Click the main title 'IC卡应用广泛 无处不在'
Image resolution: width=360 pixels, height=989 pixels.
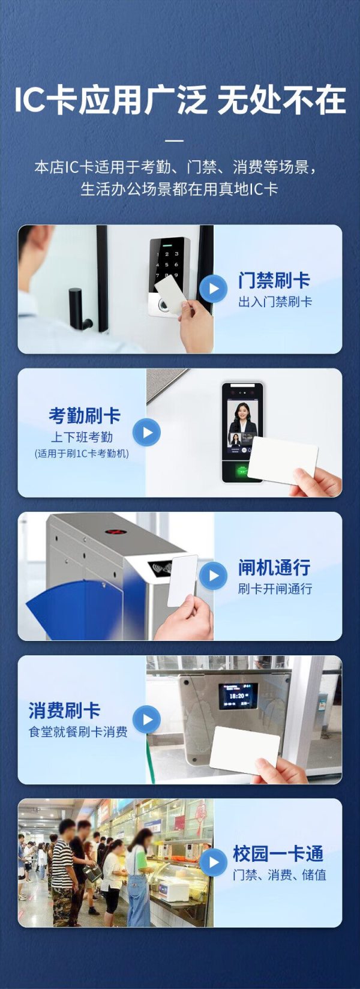[x=180, y=101]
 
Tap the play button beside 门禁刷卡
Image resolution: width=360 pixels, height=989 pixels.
[x=214, y=289]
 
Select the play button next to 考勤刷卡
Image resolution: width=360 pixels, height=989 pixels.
[x=146, y=432]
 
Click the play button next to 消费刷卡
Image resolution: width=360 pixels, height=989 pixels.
[x=146, y=720]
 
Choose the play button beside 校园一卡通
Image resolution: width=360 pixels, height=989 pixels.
[x=214, y=862]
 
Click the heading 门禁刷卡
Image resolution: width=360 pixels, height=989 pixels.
[x=274, y=280]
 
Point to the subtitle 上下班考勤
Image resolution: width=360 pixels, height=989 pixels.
[x=82, y=437]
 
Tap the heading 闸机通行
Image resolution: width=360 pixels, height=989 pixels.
[x=274, y=567]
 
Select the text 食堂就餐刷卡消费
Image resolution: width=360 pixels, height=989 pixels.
[x=78, y=732]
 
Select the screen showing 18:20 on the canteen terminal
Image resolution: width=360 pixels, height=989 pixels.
[x=238, y=696]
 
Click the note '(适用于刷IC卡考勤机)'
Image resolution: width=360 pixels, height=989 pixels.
[x=82, y=454]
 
